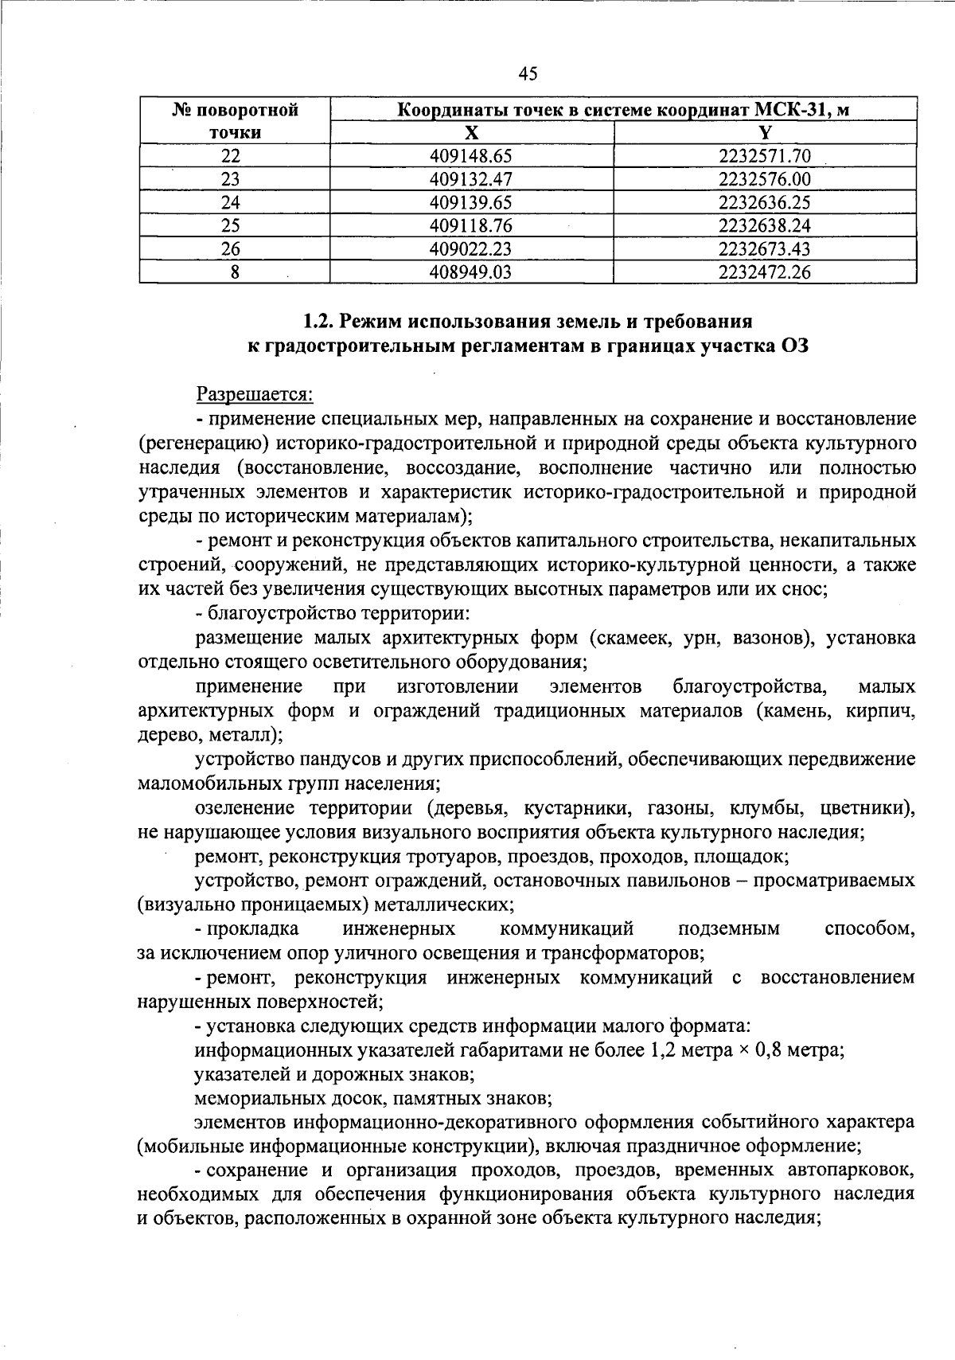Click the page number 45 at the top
coord(528,74)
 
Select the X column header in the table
coord(472,132)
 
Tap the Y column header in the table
coord(765,132)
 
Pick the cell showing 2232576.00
coord(764,179)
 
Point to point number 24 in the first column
coord(231,202)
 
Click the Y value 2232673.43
coord(764,249)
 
